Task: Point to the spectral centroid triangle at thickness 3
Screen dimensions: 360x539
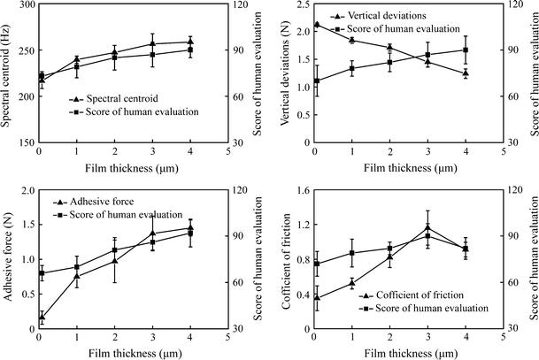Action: (x=152, y=43)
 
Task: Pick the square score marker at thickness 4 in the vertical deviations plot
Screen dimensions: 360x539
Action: (x=466, y=50)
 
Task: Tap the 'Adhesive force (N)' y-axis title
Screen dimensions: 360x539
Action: (x=7, y=259)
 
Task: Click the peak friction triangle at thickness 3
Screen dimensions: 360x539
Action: (x=427, y=228)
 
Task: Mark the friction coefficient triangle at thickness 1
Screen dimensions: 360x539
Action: (x=352, y=283)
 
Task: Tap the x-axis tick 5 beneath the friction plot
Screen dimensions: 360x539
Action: (x=503, y=334)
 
